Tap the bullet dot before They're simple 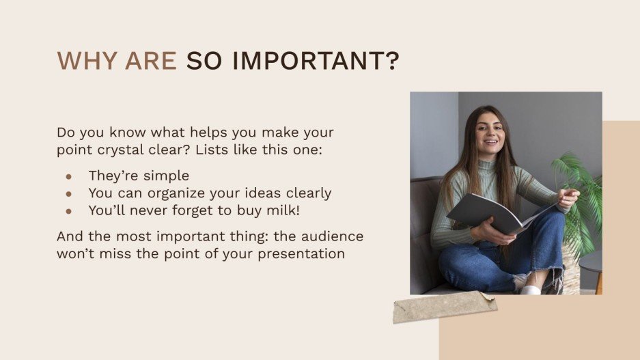69,176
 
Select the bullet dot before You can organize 69,193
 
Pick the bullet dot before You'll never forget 69,211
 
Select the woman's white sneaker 531,289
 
